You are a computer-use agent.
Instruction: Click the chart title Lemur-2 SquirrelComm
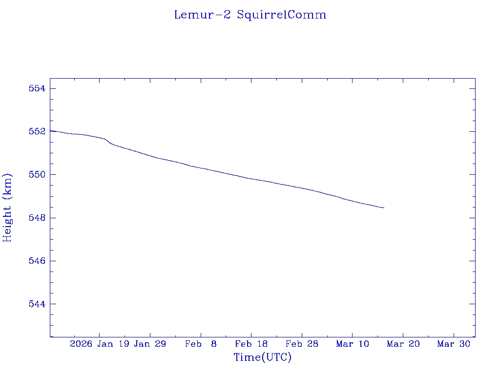[250, 15]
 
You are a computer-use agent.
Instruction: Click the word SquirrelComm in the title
[282, 15]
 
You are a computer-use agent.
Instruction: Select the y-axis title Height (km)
[7, 208]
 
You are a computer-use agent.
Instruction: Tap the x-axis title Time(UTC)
[263, 357]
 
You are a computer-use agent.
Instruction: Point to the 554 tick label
[37, 88]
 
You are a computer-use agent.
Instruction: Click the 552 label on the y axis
[37, 131]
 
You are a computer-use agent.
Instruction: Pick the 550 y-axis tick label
[37, 174]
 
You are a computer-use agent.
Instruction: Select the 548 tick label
[37, 218]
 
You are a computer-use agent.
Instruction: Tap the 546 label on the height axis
[37, 261]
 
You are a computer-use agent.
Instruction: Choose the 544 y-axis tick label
[37, 304]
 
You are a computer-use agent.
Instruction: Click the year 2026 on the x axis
[81, 344]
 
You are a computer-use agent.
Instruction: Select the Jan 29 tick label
[150, 344]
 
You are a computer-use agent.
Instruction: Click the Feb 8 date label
[201, 344]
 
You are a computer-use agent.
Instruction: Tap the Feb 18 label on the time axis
[251, 344]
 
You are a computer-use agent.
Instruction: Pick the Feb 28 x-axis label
[302, 344]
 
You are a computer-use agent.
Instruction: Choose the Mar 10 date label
[353, 344]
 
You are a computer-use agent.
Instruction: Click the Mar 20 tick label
[403, 344]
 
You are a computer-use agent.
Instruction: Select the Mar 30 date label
[454, 344]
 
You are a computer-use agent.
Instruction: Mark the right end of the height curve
[384, 208]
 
